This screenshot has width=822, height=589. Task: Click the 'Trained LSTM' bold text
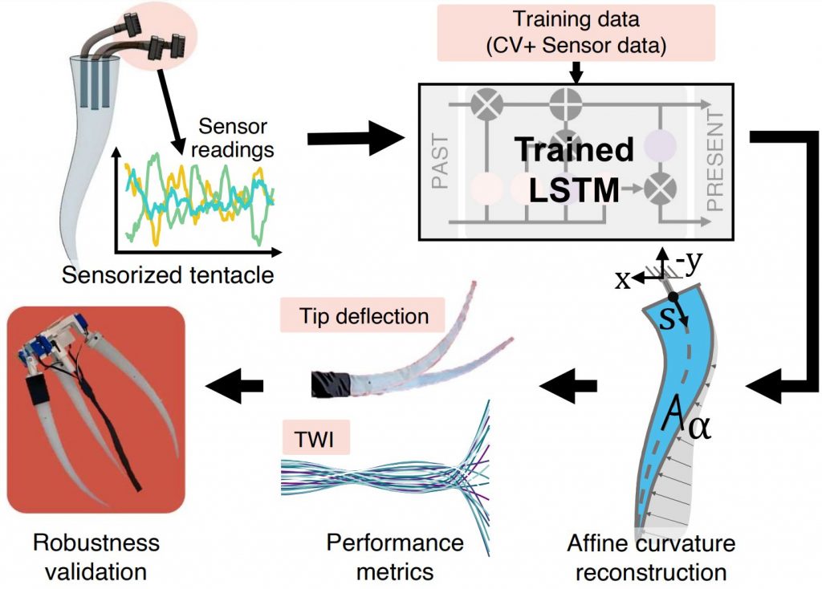coord(573,169)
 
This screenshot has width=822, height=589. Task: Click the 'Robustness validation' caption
coord(96,557)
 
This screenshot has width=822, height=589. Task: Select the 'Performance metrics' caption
coord(395,557)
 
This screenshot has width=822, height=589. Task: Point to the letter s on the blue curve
coord(665,322)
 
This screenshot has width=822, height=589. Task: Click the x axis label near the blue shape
coord(622,278)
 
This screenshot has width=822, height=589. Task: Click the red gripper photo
coord(96,408)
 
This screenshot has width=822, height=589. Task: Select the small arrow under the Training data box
coord(576,73)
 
